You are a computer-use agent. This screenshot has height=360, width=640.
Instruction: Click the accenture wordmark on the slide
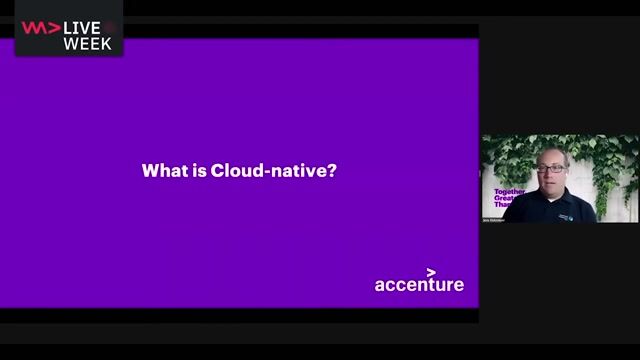[419, 285]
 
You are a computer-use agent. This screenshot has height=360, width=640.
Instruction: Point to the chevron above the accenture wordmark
[431, 271]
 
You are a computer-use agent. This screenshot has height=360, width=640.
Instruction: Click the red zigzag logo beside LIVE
[40, 27]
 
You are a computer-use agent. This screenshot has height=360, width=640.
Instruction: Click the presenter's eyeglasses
[551, 168]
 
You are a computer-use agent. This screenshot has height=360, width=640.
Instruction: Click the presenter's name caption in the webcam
[494, 219]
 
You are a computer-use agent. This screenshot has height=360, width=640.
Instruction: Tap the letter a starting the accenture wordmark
[380, 285]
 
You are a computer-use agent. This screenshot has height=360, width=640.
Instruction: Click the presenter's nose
[552, 176]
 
